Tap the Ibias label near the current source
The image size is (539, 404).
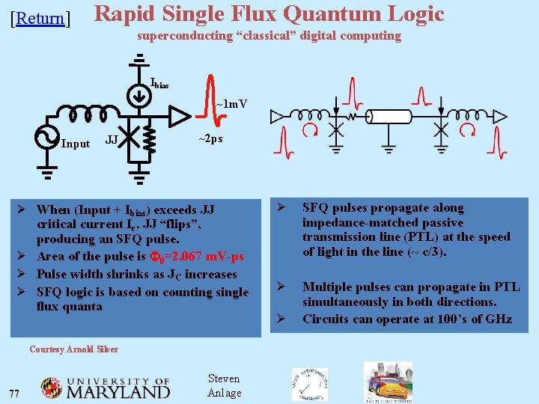(x=159, y=83)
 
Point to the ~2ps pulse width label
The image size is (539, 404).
(x=210, y=138)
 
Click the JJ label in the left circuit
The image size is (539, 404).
(x=111, y=140)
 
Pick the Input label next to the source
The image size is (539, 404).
(x=75, y=144)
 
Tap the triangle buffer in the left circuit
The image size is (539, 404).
(x=179, y=116)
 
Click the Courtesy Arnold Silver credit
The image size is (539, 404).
(x=73, y=349)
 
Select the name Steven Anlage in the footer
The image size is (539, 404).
(x=224, y=386)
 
